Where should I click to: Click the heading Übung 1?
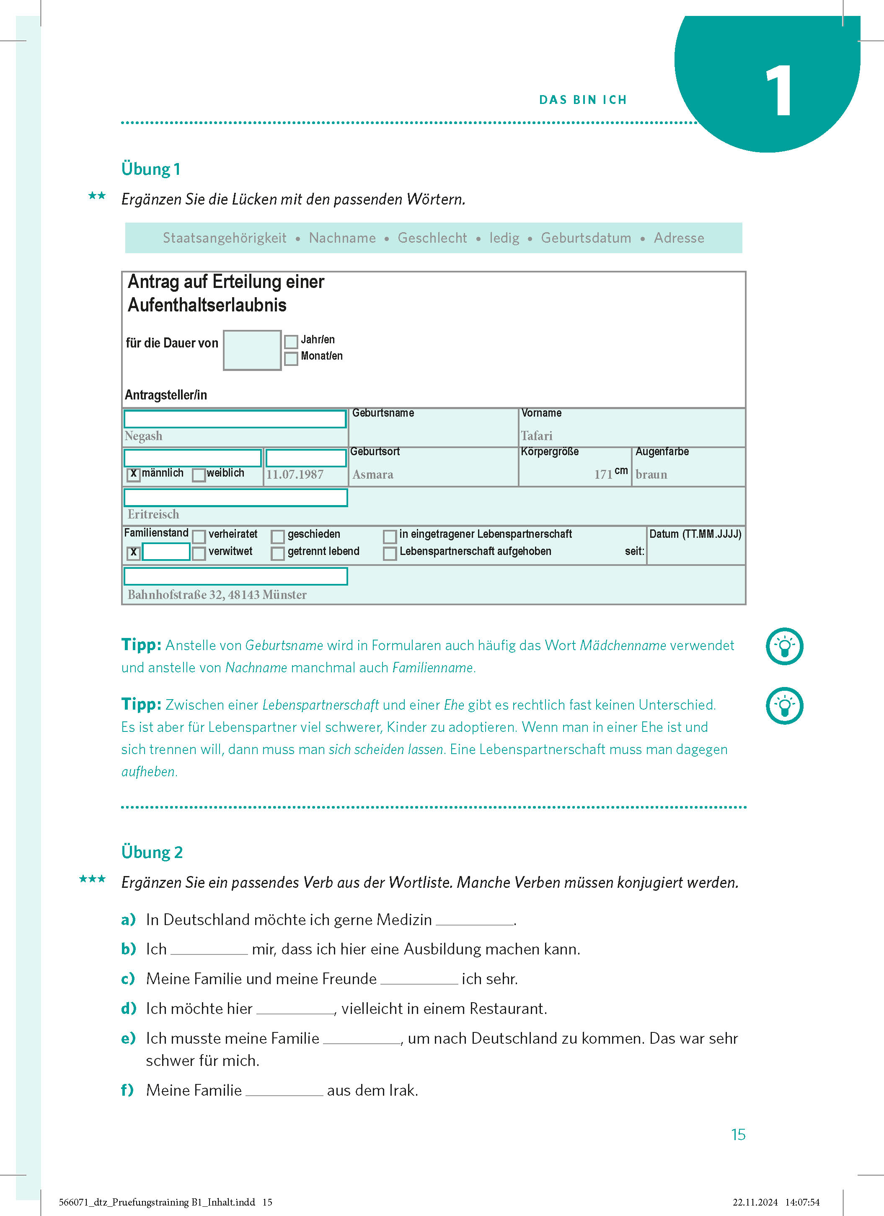coord(150,169)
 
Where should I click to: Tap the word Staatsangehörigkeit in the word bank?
coord(225,238)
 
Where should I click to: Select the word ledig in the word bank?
coord(504,238)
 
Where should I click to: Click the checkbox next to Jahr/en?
coord(291,342)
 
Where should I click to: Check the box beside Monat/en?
coord(291,358)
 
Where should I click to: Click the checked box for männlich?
coord(133,474)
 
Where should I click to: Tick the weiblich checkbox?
coord(199,474)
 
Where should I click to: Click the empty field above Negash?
coord(235,419)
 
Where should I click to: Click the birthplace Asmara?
coord(373,474)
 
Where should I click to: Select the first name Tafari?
coord(536,436)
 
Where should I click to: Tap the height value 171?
coord(603,474)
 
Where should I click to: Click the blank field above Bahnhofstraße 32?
coord(236,576)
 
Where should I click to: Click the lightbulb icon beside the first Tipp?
coord(784,646)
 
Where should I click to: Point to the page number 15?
coord(738,1135)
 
